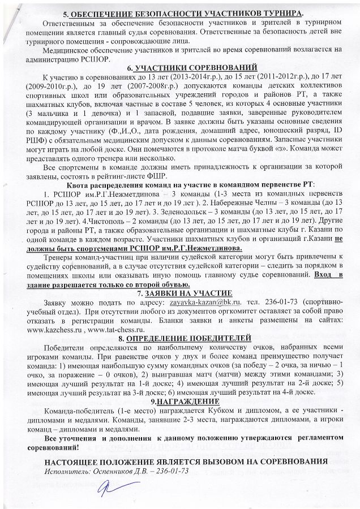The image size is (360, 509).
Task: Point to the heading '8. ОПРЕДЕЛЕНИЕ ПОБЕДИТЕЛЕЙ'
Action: (x=185, y=338)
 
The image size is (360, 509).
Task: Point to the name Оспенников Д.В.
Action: (x=115, y=471)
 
